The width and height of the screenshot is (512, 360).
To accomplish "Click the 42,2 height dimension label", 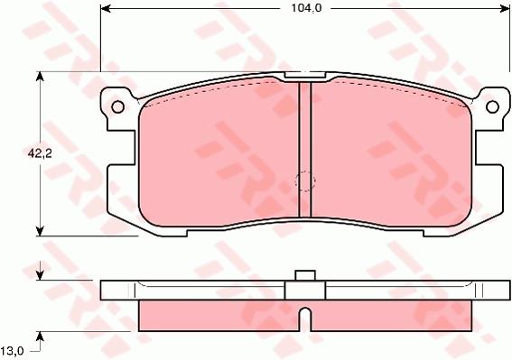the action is (x=40, y=153).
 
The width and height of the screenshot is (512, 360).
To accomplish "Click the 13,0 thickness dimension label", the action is (x=12, y=351).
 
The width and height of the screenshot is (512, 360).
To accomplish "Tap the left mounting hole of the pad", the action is (x=118, y=106).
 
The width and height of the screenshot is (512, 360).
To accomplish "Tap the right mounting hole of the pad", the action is (x=492, y=106).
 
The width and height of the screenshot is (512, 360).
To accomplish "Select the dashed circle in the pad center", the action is (x=305, y=181).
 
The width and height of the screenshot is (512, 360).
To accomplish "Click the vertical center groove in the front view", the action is (x=305, y=150).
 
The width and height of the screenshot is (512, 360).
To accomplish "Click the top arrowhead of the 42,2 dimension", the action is (x=40, y=77).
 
